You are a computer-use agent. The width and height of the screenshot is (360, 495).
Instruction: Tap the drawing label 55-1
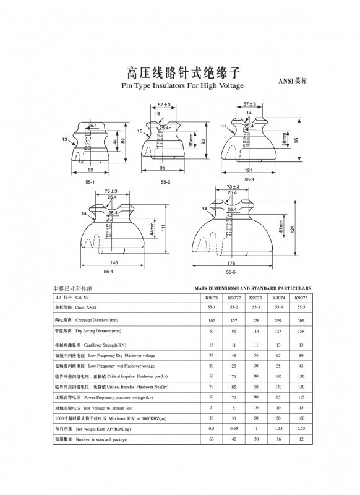coord(90,182)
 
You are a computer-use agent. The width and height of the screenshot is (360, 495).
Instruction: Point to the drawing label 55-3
coord(249,179)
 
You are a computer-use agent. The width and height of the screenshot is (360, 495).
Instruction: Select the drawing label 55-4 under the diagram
coord(108,272)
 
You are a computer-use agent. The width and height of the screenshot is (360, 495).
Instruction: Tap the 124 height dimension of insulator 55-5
coord(293,230)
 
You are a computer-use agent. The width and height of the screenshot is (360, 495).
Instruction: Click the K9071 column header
coord(211,298)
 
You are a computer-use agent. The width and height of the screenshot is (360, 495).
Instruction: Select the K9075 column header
coord(301,298)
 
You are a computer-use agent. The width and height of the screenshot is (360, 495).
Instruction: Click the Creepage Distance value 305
coord(301,321)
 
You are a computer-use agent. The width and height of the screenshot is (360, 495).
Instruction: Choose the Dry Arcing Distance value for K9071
coord(211,332)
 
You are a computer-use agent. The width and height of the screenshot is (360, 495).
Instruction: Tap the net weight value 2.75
coord(301,428)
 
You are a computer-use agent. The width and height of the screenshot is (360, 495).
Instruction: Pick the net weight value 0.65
coord(234,428)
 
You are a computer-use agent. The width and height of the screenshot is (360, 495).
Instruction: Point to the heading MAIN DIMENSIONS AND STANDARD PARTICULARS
coord(252,288)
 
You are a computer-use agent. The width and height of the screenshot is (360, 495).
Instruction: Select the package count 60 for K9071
coord(211,439)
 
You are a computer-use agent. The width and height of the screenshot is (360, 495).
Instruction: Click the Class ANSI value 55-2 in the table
coord(234,307)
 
